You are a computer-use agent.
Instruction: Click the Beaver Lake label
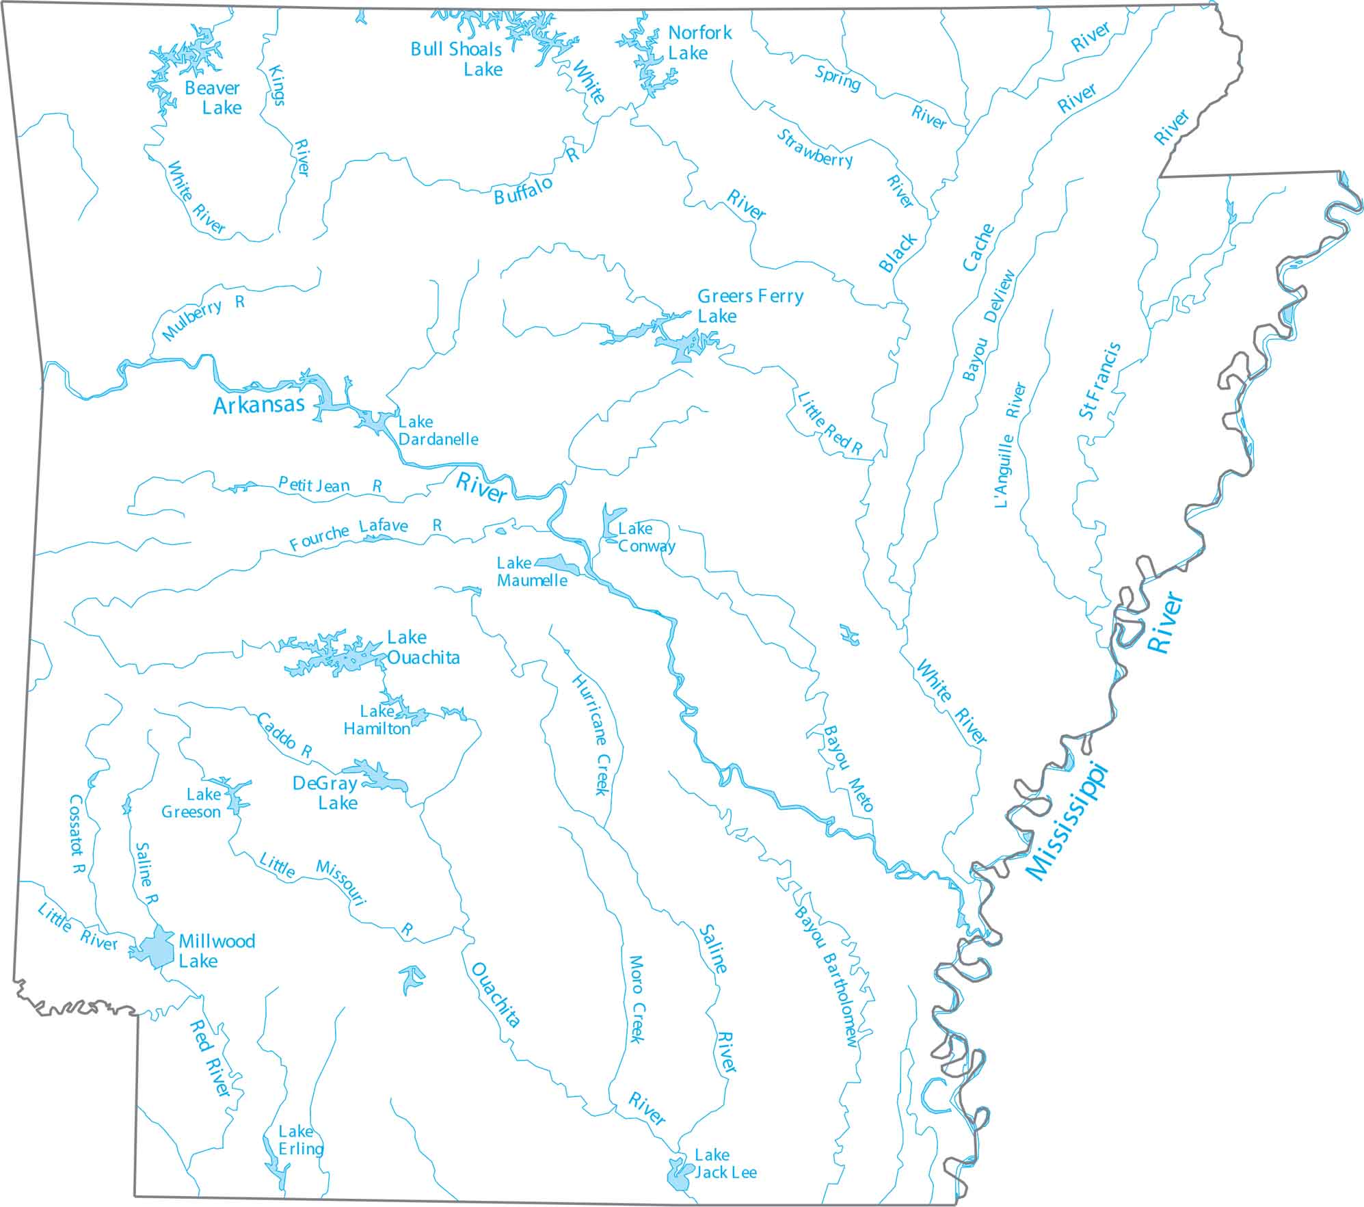coord(213,98)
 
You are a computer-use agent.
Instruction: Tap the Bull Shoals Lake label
coord(457,59)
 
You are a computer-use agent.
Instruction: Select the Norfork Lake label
coord(699,42)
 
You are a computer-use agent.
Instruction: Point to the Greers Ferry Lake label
coord(749,306)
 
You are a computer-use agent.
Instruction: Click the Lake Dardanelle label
coord(438,430)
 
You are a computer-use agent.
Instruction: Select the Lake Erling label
coord(300,1140)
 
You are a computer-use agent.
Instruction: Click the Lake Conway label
coord(645,537)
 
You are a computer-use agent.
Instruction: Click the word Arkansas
coord(258,405)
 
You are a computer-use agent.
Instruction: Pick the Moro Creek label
coord(636,999)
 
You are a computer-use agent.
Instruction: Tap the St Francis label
coord(1099,380)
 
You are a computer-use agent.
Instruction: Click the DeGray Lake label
coord(325,793)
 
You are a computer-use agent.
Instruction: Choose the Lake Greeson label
coord(191,803)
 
